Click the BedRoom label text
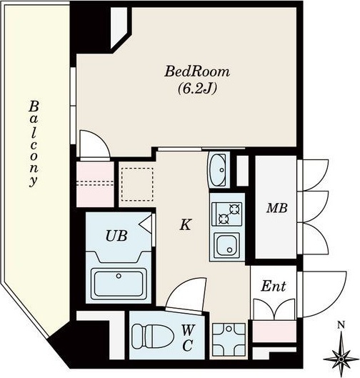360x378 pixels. click(197, 71)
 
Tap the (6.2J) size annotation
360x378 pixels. click(197, 89)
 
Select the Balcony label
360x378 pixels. click(34, 144)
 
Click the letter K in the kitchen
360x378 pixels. click(186, 224)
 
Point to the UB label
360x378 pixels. click(116, 236)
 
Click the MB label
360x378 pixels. click(277, 208)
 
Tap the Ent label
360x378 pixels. click(274, 286)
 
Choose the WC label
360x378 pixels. click(187, 337)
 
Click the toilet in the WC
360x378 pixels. click(153, 336)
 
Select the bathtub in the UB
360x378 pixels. click(119, 284)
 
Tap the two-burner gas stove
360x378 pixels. click(226, 214)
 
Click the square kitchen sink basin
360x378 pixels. click(226, 245)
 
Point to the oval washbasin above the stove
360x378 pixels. click(218, 170)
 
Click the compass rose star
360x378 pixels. click(341, 359)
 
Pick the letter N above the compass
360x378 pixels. click(341, 325)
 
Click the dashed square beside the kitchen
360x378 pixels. click(137, 184)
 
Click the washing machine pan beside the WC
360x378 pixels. click(229, 339)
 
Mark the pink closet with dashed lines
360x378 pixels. click(95, 184)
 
